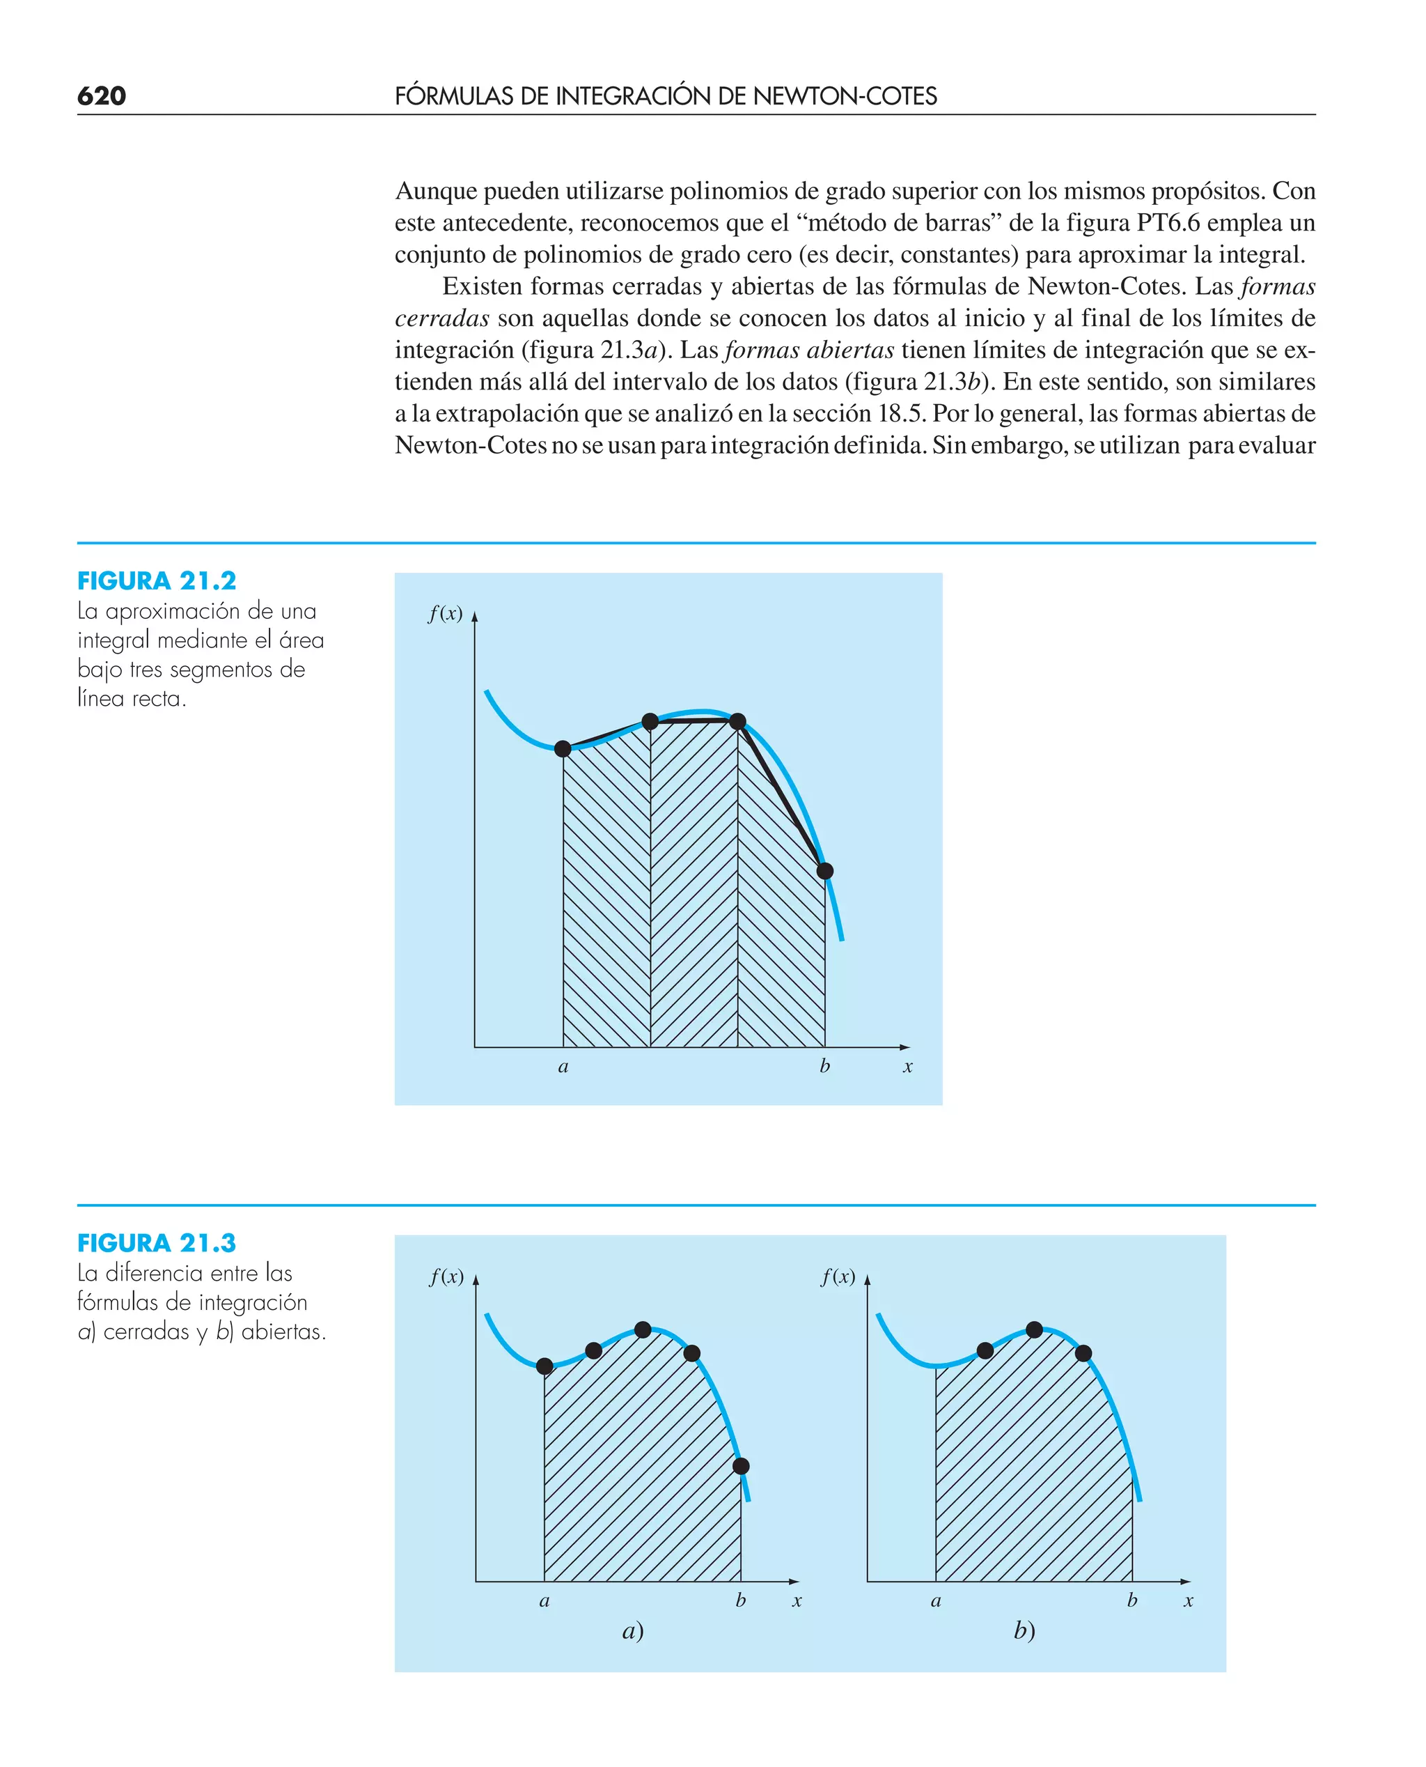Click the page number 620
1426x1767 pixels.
click(x=102, y=96)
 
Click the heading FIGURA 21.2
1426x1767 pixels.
click(x=157, y=581)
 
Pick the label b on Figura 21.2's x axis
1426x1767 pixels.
click(x=824, y=1066)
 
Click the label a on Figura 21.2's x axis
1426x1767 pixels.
click(x=563, y=1067)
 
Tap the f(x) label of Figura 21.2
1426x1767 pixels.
click(x=445, y=614)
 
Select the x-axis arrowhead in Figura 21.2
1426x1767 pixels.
click(x=905, y=1047)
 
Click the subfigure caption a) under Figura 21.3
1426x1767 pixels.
click(x=632, y=1630)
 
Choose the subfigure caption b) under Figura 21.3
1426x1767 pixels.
click(x=1024, y=1630)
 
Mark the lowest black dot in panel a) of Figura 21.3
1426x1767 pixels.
click(x=741, y=1466)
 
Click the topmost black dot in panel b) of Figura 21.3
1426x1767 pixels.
click(x=1034, y=1329)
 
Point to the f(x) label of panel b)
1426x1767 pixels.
click(x=838, y=1276)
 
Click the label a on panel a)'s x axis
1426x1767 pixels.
click(x=544, y=1601)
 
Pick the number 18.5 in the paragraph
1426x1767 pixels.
click(x=901, y=412)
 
